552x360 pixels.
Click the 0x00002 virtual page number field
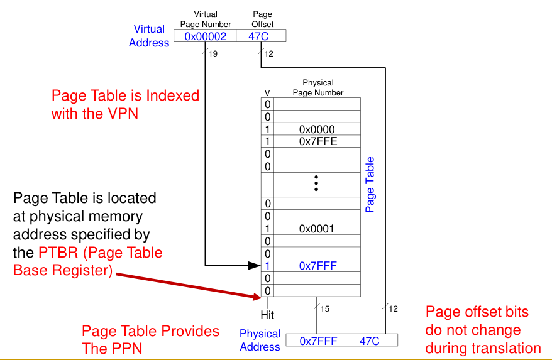pyautogui.click(x=205, y=36)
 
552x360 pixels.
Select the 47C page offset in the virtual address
pyautogui.click(x=258, y=36)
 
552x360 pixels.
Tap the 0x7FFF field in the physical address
pyautogui.click(x=317, y=341)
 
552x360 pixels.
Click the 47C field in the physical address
pyautogui.click(x=370, y=341)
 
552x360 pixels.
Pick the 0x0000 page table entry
pyautogui.click(x=317, y=129)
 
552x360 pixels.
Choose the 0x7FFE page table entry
pyautogui.click(x=317, y=141)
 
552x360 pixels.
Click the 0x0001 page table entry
pyautogui.click(x=317, y=228)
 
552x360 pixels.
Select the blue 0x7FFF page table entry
pyautogui.click(x=317, y=266)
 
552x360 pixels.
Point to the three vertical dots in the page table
pyautogui.click(x=316, y=183)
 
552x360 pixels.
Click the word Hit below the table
pyautogui.click(x=268, y=314)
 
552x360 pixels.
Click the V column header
pyautogui.click(x=267, y=93)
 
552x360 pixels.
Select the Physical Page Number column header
pyautogui.click(x=317, y=87)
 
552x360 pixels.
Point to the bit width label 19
pyautogui.click(x=213, y=55)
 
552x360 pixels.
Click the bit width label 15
pyautogui.click(x=324, y=308)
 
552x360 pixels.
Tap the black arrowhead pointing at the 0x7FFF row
pyautogui.click(x=253, y=266)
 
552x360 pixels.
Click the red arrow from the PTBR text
pyautogui.click(x=189, y=285)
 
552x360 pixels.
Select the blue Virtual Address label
pyautogui.click(x=149, y=36)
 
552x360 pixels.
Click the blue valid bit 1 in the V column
pyautogui.click(x=267, y=266)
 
